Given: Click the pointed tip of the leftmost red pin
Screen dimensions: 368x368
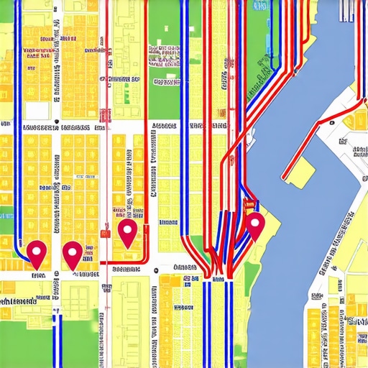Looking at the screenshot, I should [x=38, y=268].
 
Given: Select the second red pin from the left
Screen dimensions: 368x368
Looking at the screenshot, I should [x=73, y=253].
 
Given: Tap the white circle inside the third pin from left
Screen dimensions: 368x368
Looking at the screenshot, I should [x=127, y=230].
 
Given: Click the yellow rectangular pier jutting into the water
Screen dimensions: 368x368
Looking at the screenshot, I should [x=298, y=170].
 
